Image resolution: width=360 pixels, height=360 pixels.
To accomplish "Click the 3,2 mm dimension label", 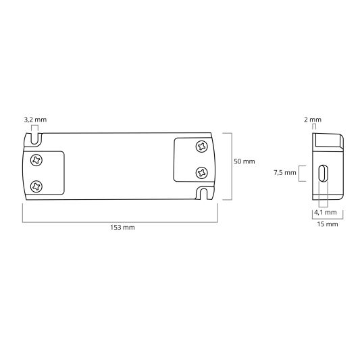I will (x=35, y=120).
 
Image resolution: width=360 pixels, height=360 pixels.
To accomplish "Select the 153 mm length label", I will (x=124, y=228).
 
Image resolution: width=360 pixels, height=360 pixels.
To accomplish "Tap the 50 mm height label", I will (x=244, y=162).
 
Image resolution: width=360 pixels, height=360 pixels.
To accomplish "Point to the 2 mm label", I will (x=313, y=120).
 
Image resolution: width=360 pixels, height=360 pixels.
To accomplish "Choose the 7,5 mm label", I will (x=285, y=173).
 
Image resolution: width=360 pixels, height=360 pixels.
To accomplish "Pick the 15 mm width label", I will (x=327, y=224).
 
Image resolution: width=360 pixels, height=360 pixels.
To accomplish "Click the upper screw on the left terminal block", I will (x=36, y=160).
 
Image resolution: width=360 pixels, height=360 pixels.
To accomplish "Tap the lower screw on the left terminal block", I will (x=36, y=183).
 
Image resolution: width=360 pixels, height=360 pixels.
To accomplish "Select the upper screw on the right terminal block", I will (x=201, y=147).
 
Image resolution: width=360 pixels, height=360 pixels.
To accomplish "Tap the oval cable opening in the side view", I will (x=324, y=174).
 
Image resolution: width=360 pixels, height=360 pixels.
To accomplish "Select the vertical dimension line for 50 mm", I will (x=232, y=166).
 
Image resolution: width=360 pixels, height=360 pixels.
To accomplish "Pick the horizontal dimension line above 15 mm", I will (x=327, y=217).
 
